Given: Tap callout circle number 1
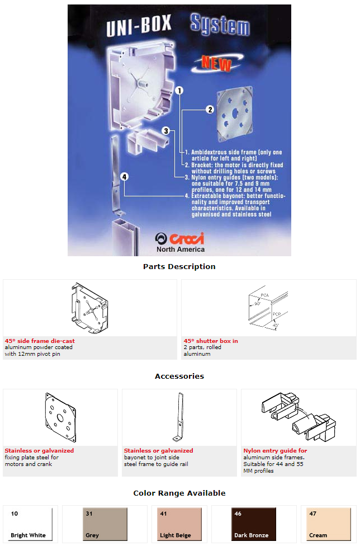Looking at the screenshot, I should [x=179, y=90].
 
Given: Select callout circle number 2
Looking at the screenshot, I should [x=210, y=110].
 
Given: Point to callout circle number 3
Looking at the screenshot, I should [x=166, y=130].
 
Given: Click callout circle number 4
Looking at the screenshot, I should [x=124, y=177].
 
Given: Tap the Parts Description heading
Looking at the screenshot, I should [x=179, y=267].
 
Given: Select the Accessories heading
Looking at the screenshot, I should [x=179, y=376].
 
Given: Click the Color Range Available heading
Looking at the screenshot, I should [x=179, y=493].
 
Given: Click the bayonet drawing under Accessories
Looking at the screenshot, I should [x=179, y=418].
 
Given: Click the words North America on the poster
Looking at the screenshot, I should [x=180, y=250].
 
